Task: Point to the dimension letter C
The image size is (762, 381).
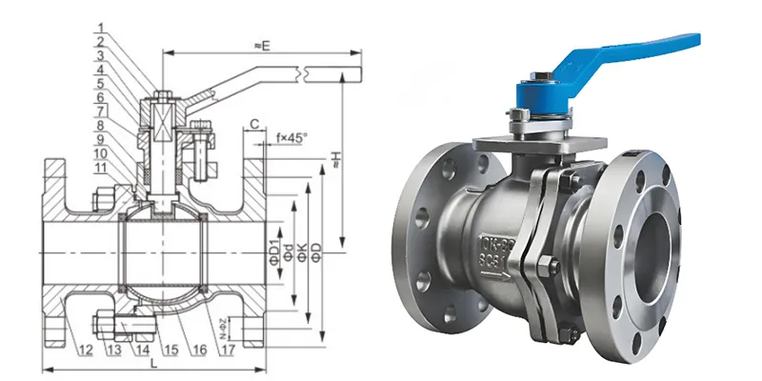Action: [255, 123]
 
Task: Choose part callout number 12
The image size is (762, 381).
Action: [85, 351]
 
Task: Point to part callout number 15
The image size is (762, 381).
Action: [171, 351]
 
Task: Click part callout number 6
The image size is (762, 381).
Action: [99, 97]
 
